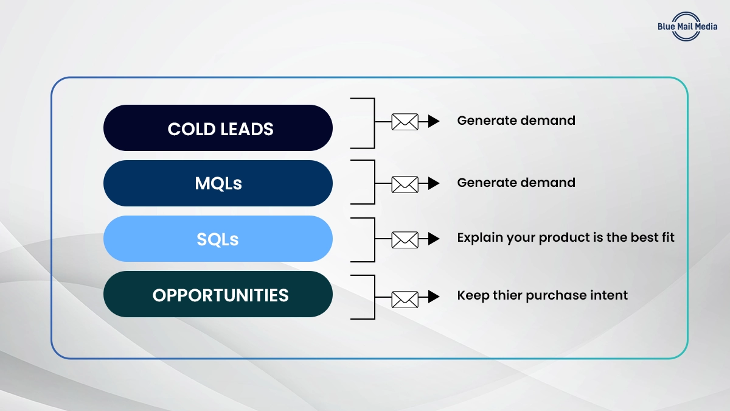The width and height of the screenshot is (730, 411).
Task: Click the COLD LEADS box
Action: coord(218,128)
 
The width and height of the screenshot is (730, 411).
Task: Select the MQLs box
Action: coord(218,183)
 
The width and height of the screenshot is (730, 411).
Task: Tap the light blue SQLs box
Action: coord(218,239)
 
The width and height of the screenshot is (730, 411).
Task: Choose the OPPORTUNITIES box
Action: coord(218,294)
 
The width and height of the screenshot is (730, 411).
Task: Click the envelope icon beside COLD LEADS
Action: coord(405,122)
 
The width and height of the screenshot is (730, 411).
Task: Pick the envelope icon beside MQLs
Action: coord(405,183)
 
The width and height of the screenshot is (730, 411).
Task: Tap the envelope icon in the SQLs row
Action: coord(405,239)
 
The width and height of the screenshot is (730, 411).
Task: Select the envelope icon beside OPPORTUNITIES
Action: coord(405,298)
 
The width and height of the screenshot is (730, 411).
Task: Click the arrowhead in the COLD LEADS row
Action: coord(433,122)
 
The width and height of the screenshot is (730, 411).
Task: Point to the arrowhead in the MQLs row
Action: coord(433,183)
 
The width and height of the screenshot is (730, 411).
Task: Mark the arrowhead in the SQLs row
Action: coord(433,239)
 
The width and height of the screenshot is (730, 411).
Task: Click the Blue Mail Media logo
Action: coord(687,26)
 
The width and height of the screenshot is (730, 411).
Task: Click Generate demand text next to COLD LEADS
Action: coord(516,121)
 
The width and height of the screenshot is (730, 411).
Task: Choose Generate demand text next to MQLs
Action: coord(516,182)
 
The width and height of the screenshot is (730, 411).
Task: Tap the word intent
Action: coord(610,296)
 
